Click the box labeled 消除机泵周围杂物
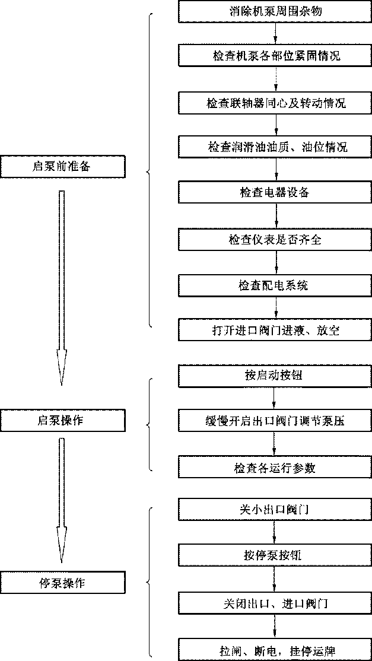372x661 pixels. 276,11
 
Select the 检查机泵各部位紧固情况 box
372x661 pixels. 276,56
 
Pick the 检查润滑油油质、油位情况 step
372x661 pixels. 276,147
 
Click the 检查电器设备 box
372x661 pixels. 276,193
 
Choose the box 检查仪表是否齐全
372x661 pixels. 276,239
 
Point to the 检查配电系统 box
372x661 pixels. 276,285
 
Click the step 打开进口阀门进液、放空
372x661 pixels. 276,330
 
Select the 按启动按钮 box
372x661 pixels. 276,375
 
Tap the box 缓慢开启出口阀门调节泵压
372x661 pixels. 276,421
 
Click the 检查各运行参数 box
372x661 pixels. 276,467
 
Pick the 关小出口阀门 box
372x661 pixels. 276,509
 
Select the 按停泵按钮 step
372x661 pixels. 276,555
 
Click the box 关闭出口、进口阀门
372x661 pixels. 276,603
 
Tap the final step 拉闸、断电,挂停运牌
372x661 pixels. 276,649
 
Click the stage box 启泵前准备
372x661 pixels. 62,166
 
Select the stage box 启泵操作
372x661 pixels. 62,421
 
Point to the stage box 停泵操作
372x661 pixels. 62,582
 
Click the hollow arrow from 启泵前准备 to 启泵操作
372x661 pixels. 62,285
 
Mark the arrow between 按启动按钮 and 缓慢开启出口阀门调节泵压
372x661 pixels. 274,398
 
